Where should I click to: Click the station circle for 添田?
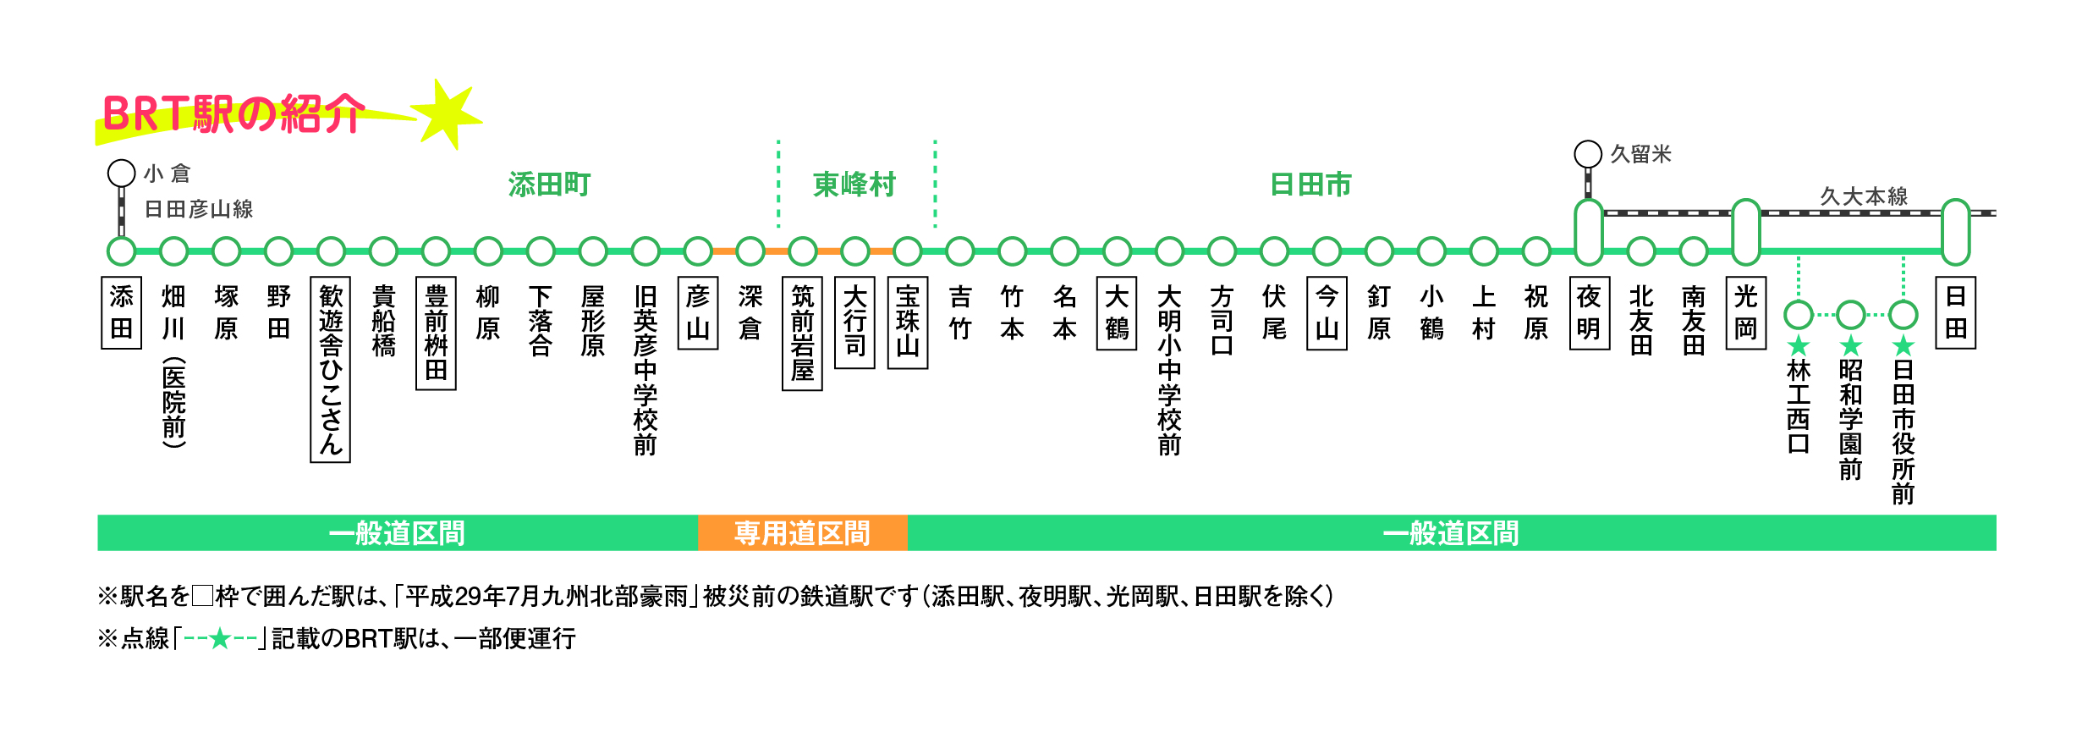(x=121, y=251)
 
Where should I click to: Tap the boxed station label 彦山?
(x=698, y=312)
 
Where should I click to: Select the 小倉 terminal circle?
(x=122, y=174)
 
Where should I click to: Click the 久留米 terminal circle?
(x=1588, y=154)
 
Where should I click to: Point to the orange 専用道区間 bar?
(x=802, y=533)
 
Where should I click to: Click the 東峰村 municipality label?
(x=854, y=185)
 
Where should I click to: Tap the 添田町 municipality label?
(x=550, y=185)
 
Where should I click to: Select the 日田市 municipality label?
(x=1311, y=185)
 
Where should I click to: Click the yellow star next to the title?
(x=448, y=115)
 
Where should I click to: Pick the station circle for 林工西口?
(x=1799, y=315)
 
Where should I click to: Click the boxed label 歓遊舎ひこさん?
(x=331, y=369)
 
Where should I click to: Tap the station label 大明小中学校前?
(x=1169, y=370)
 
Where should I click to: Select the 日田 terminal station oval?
(x=1956, y=232)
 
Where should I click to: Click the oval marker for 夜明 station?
(x=1589, y=232)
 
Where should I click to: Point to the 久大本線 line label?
(x=1864, y=196)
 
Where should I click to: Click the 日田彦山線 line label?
(x=199, y=209)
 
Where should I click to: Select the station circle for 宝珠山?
(x=908, y=251)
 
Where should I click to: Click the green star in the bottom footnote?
(x=220, y=638)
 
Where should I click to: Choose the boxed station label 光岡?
(x=1746, y=312)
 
